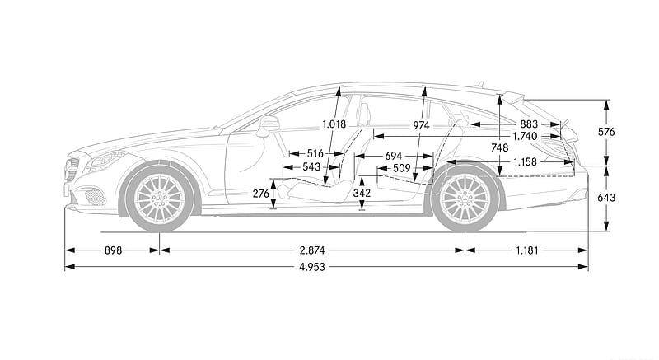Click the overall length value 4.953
(312, 267)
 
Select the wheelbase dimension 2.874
(312, 250)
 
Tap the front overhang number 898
(113, 250)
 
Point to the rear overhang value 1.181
(527, 250)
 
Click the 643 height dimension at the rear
(606, 198)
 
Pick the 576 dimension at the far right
(606, 132)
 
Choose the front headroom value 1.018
(334, 124)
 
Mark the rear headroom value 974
(421, 125)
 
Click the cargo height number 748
(499, 147)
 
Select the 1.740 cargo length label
(525, 136)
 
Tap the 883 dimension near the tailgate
(529, 124)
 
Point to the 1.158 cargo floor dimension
(525, 161)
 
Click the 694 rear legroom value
(394, 156)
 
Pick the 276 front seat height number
(261, 194)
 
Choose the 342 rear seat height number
(362, 193)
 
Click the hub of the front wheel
(160, 198)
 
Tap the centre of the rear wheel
(465, 198)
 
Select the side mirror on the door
(269, 125)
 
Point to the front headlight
(105, 161)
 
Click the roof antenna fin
(479, 84)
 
